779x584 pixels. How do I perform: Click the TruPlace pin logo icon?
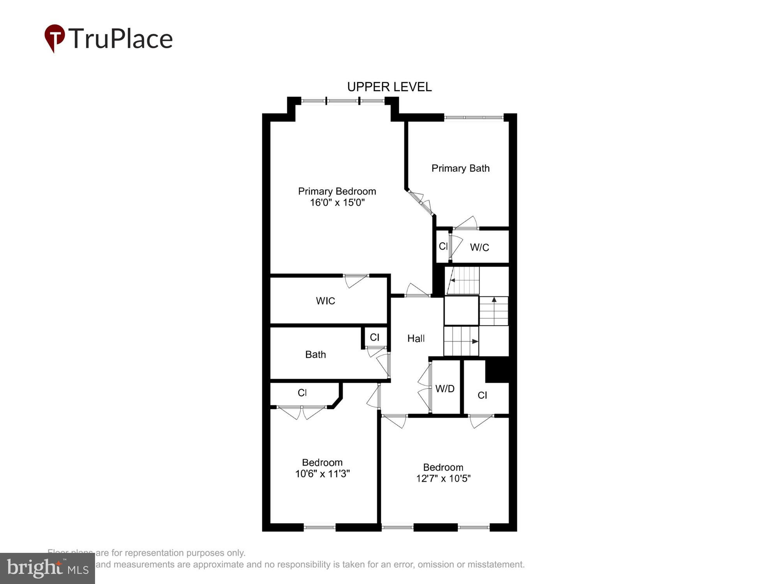point(55,38)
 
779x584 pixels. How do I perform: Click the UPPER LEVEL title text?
point(389,87)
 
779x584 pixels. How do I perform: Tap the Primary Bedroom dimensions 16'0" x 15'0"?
point(337,202)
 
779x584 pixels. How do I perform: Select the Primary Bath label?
point(460,168)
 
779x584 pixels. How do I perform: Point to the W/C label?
point(479,247)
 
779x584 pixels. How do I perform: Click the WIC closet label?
point(325,301)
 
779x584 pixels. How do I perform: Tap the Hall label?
point(416,338)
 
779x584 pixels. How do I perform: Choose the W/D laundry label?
point(445,389)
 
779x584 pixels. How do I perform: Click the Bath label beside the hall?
point(315,354)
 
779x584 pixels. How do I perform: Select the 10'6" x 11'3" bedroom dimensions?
point(322,474)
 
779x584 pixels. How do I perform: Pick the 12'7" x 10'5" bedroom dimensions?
point(443,478)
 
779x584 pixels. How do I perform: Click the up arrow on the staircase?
point(494,300)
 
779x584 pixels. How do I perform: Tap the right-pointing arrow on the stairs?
point(475,341)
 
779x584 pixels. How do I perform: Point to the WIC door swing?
point(355,281)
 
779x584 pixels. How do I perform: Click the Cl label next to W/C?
point(443,246)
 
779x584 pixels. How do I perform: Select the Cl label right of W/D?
point(482,395)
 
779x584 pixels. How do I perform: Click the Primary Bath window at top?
point(474,117)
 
